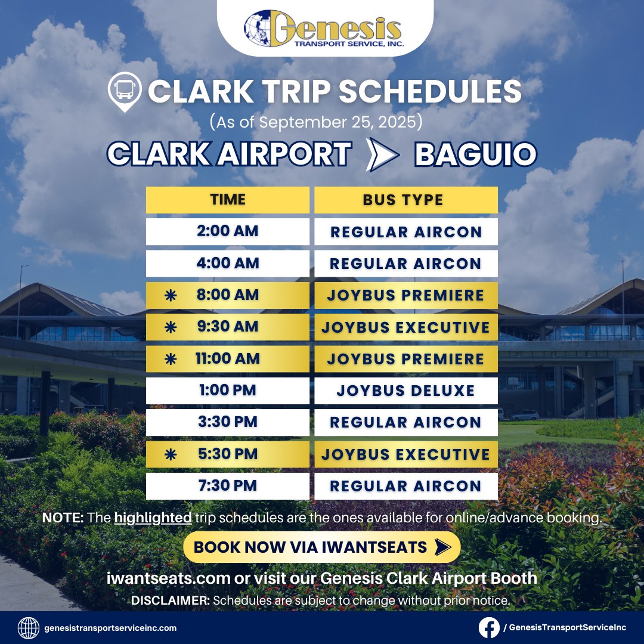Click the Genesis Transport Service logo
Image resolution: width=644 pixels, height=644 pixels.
coord(324,29)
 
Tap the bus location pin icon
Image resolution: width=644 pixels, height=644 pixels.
coord(125,92)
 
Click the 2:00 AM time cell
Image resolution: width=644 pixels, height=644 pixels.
coord(228,231)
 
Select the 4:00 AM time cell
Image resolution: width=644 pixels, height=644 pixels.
coord(228,264)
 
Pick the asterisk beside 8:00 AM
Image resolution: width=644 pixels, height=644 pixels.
coord(171,295)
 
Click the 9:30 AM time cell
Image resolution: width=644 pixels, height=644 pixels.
coord(228,327)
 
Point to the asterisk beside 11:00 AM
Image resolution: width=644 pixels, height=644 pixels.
coord(171,359)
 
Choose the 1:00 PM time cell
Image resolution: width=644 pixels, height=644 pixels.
coord(228,391)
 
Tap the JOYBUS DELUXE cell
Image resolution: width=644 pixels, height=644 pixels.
coord(406,391)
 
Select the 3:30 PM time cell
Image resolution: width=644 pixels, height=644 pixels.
coord(228,422)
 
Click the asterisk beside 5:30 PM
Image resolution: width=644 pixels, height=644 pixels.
coord(171,454)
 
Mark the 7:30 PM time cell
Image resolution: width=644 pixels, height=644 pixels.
coord(228,486)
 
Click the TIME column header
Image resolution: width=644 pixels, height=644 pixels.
coord(228,200)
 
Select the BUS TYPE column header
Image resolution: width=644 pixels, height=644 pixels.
coord(406,200)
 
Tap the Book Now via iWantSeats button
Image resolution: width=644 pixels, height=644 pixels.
coord(322,547)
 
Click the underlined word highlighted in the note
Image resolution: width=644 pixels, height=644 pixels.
coord(153,518)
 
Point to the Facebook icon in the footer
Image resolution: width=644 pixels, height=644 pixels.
coord(489,627)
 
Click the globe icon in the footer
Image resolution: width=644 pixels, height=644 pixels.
coord(29,628)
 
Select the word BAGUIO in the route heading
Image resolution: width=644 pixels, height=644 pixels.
coord(476,154)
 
